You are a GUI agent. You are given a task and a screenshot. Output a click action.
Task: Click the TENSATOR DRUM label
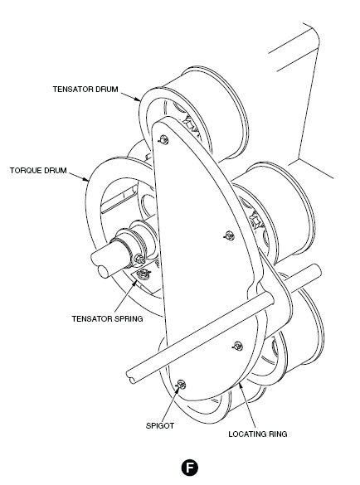pos(85,89)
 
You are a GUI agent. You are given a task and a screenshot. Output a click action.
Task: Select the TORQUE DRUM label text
pos(38,171)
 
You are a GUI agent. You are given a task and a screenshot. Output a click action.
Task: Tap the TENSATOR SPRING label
pos(107,318)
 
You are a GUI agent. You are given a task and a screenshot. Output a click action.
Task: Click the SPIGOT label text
pos(160,425)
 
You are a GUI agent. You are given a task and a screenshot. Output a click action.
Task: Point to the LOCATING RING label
pos(257,434)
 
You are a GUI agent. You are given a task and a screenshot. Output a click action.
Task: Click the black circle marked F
pos(189,467)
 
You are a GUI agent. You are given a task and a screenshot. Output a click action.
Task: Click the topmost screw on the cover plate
pos(163,140)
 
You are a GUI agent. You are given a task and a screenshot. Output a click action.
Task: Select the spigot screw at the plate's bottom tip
pos(181,385)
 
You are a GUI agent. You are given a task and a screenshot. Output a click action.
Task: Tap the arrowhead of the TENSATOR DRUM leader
pos(138,99)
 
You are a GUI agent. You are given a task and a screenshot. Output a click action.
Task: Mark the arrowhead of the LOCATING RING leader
pos(240,385)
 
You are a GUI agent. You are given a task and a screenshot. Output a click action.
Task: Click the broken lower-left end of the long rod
pos(131,376)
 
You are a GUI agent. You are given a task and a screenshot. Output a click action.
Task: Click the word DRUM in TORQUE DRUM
pos(56,171)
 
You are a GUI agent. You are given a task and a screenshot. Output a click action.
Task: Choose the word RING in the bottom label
pos(278,434)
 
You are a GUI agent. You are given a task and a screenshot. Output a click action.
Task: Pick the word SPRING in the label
pos(129,318)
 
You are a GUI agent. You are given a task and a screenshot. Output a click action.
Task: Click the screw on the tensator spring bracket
pos(144,273)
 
